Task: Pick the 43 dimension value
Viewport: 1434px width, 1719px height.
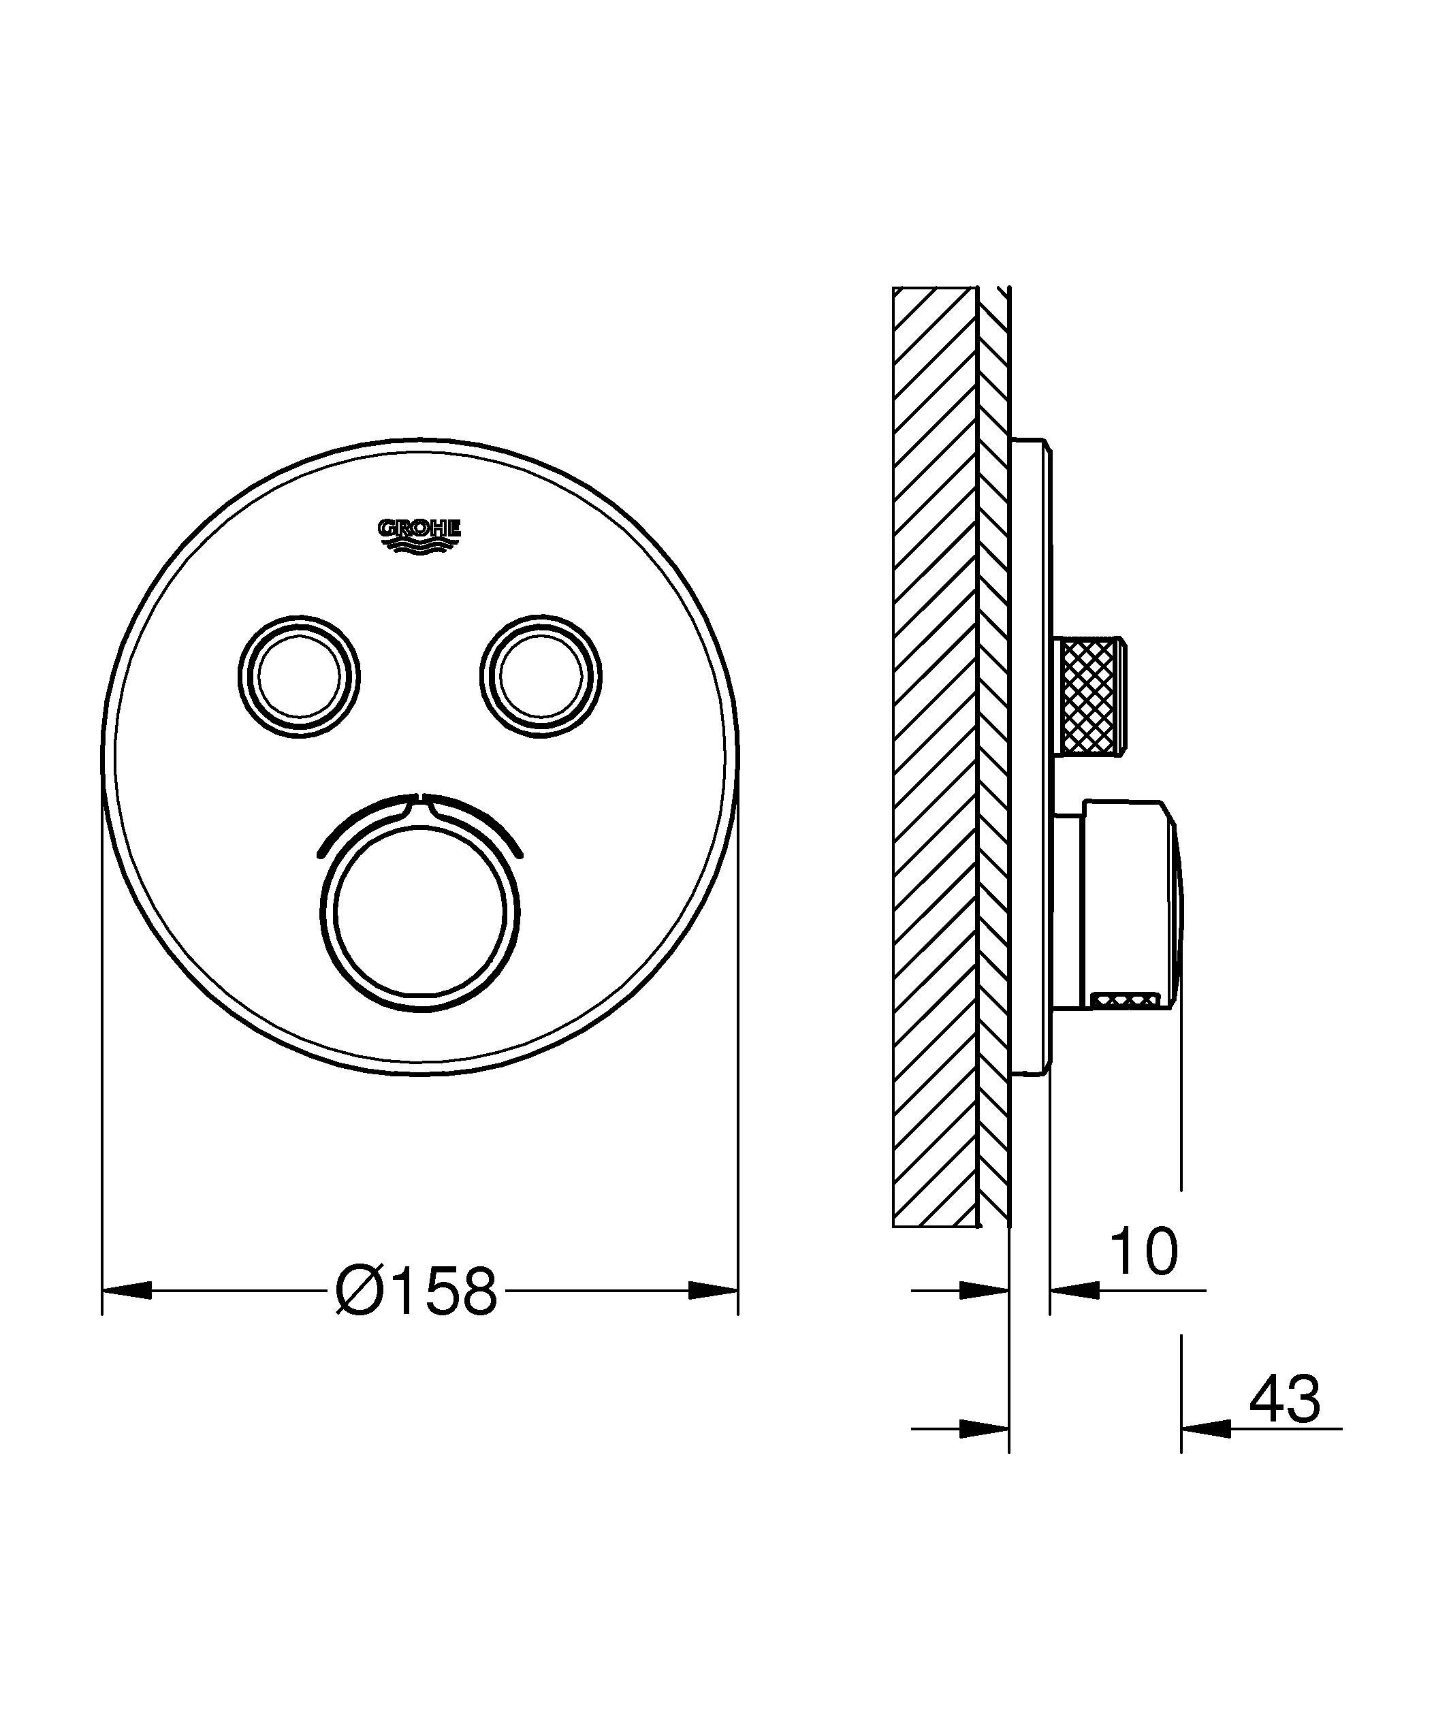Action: point(1284,1399)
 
